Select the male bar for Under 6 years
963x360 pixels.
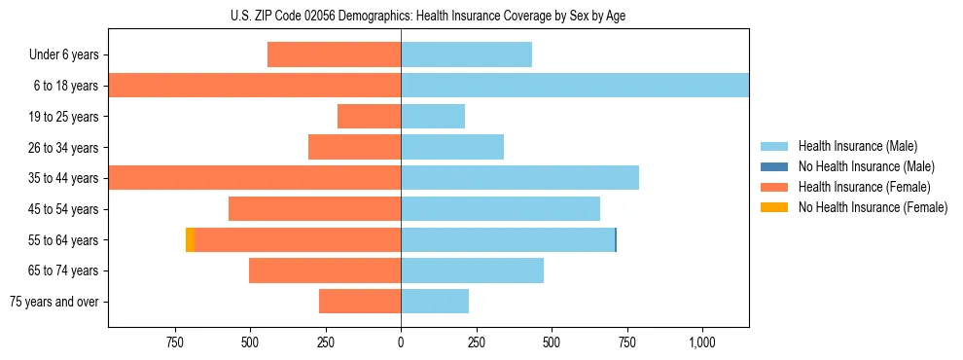(466, 55)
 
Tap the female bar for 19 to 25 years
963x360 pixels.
(369, 117)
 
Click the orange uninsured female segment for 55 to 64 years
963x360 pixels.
(190, 239)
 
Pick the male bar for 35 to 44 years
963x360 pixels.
(519, 178)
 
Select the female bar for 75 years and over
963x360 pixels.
(360, 302)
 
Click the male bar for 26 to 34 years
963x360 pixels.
(452, 148)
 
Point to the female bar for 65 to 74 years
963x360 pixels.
(325, 270)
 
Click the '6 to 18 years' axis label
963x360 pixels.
(65, 86)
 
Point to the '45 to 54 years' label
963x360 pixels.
(62, 209)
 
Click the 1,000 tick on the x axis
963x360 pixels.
(702, 342)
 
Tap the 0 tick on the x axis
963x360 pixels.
(401, 342)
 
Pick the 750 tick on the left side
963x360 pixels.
(175, 342)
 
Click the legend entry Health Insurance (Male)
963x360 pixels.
(857, 146)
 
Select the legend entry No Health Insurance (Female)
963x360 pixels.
(873, 207)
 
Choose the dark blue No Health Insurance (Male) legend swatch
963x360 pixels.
(774, 166)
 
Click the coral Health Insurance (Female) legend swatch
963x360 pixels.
(774, 187)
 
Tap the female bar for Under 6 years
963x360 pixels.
(334, 55)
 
